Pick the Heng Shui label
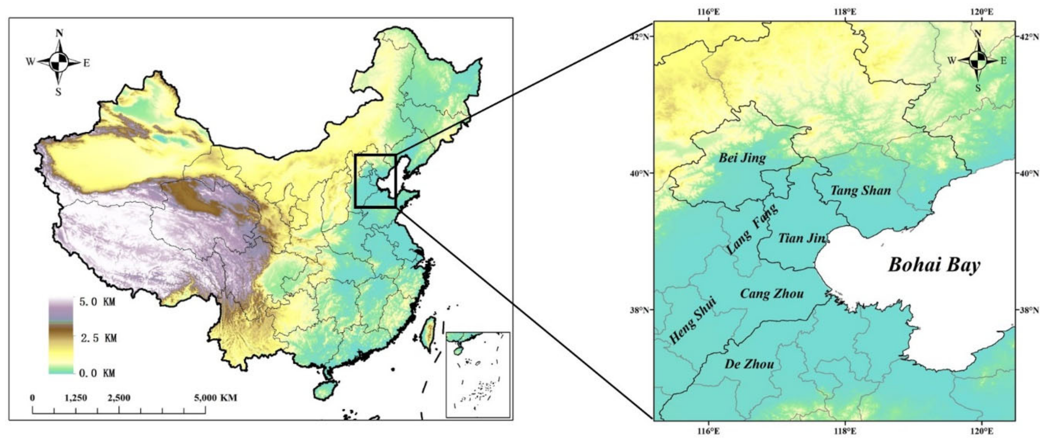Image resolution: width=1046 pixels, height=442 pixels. (693, 320)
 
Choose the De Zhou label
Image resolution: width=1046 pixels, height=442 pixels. (749, 364)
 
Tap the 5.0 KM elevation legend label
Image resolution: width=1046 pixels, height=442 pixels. (98, 302)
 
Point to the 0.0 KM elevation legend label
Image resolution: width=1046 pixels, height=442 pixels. (98, 373)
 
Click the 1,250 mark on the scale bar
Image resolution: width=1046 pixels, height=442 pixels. (76, 398)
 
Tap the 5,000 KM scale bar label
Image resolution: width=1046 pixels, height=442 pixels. (215, 398)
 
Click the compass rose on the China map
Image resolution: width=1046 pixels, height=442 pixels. (59, 63)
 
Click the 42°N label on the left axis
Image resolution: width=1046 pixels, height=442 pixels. (641, 37)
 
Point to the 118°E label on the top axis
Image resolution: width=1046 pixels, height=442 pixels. (845, 12)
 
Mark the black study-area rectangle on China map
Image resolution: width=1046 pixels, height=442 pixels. (375, 181)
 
